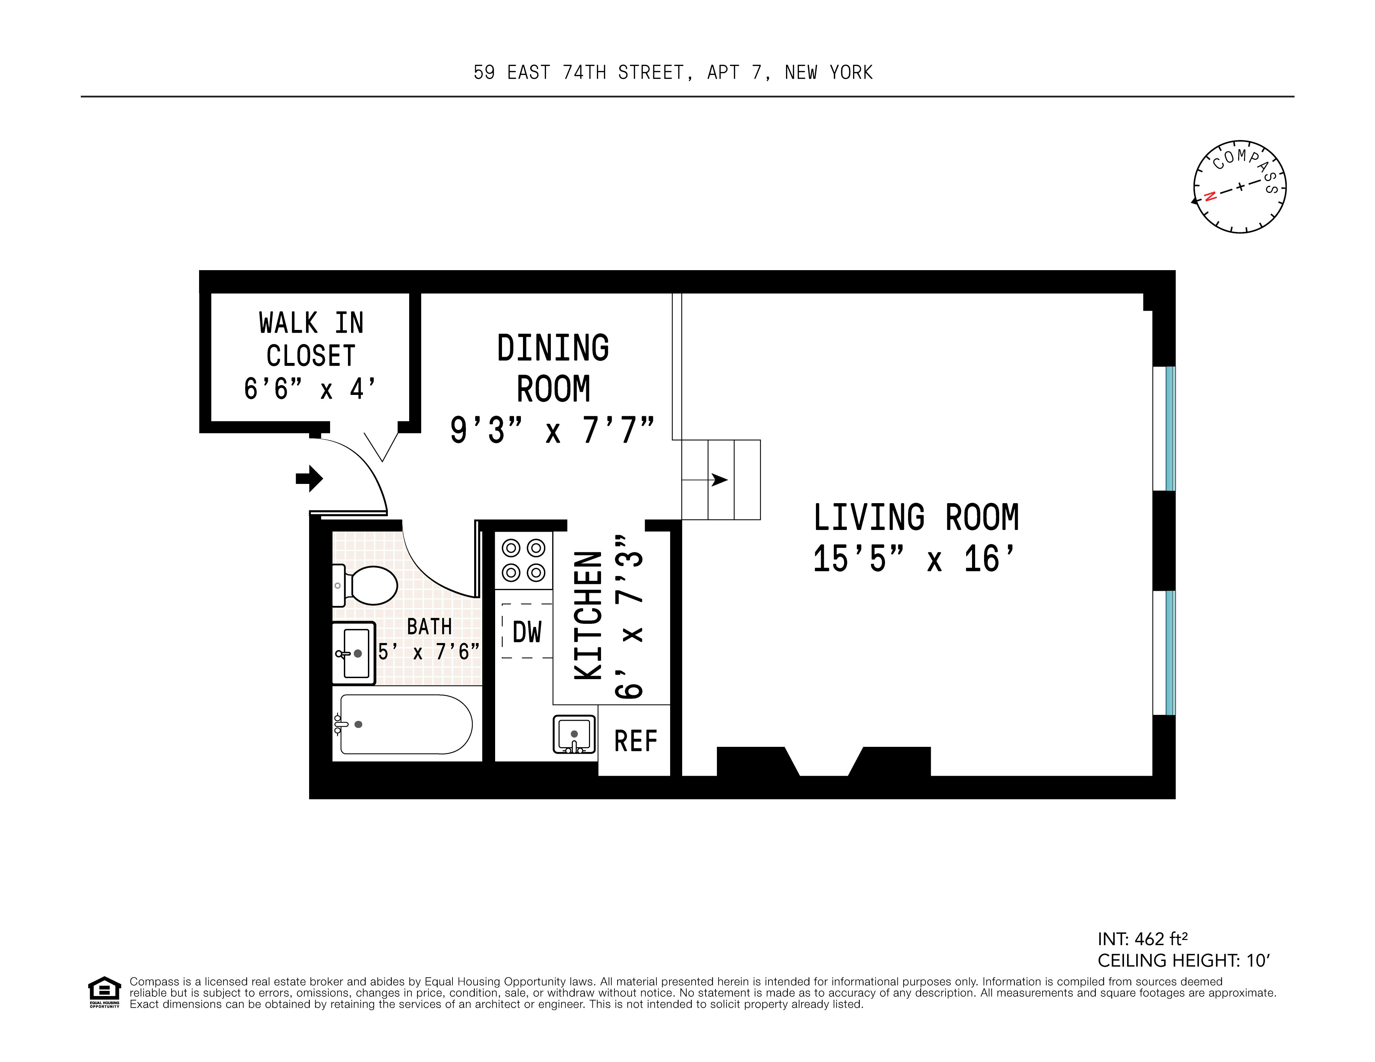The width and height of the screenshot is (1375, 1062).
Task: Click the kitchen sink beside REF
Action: tap(574, 733)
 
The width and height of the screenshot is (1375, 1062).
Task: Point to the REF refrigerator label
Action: tap(635, 741)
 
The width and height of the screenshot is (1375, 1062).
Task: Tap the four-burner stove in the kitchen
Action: tap(523, 560)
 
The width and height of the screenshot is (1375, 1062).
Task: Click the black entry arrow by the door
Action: tap(309, 479)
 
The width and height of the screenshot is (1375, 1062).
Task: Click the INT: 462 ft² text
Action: tap(1142, 939)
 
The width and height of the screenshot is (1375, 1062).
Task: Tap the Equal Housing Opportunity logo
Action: tap(104, 992)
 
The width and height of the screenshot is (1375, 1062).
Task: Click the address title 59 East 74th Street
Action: tap(673, 73)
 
